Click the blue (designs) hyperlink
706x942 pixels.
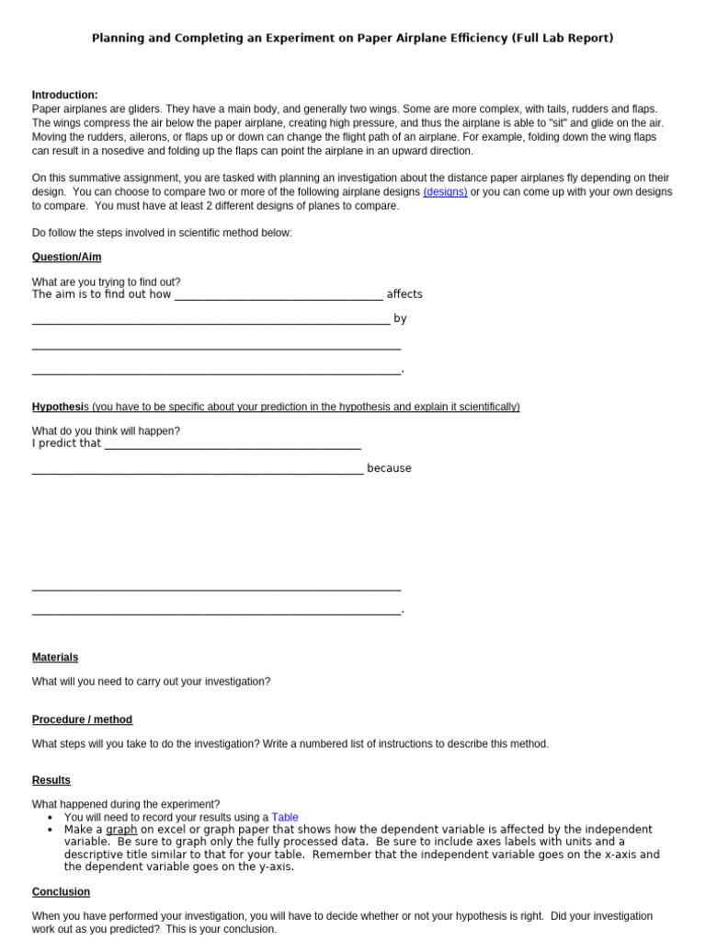pyautogui.click(x=445, y=192)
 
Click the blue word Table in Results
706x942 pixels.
pyautogui.click(x=285, y=817)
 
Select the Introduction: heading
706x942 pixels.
pyautogui.click(x=64, y=95)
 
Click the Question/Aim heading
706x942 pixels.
pyautogui.click(x=66, y=258)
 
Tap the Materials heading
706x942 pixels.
pyautogui.click(x=55, y=658)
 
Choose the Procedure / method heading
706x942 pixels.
pyautogui.click(x=82, y=719)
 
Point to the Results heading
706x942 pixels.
pyautogui.click(x=51, y=780)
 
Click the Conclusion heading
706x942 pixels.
pyautogui.click(x=61, y=892)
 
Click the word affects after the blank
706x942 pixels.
pyautogui.click(x=404, y=294)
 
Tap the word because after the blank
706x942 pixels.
pyautogui.click(x=389, y=468)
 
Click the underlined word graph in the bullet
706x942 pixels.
pyautogui.click(x=121, y=830)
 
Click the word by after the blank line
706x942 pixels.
pyautogui.click(x=400, y=318)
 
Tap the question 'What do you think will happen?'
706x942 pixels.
pyautogui.click(x=107, y=431)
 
